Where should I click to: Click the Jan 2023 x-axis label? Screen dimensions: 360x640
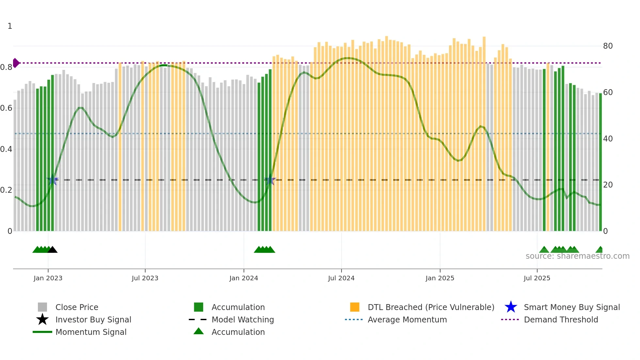coord(48,278)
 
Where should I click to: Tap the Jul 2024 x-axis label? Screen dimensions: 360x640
coord(341,278)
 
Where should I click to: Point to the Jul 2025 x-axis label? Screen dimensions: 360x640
coord(537,278)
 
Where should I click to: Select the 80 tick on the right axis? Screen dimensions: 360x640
coord(608,46)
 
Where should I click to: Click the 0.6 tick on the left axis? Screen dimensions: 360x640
coord(6,108)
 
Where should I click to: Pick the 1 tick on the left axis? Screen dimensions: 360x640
coord(10,26)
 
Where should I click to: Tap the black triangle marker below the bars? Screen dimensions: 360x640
coord(52,250)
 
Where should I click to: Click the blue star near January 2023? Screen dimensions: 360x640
coord(53,180)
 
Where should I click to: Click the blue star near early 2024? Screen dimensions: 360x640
coord(270,180)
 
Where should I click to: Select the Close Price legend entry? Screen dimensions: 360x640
coord(77,307)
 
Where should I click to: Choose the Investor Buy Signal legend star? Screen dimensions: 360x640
coord(42,319)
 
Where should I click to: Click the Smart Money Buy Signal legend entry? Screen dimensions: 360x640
coord(571,307)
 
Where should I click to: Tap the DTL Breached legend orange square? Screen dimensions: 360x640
coord(355,307)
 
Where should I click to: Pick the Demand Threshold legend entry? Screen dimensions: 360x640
coord(561,319)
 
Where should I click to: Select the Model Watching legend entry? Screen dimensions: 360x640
coord(242,319)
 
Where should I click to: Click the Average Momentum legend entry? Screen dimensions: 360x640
coord(407,319)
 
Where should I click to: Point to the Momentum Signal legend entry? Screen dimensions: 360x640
coord(91,332)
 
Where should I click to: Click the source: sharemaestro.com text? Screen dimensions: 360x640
coord(577,256)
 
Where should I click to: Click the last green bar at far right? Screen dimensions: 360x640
coord(600,163)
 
